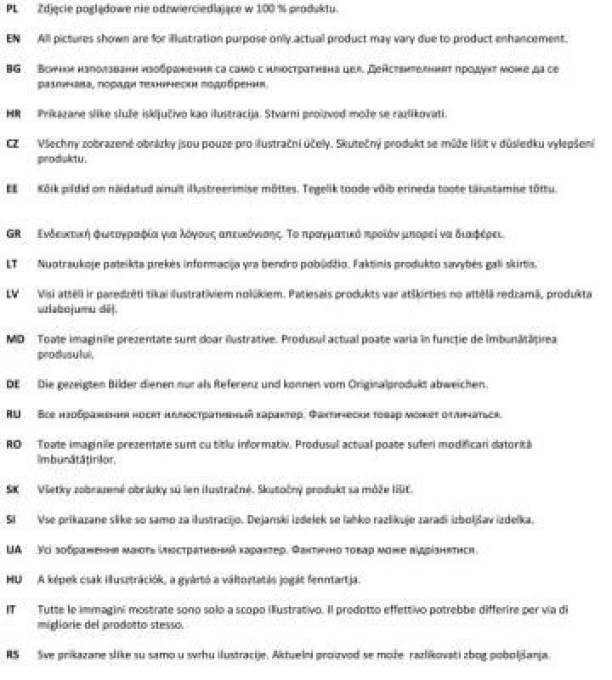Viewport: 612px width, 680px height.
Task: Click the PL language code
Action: coord(12,9)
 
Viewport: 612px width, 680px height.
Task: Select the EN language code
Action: coord(12,39)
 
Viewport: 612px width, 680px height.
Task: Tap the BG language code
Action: coord(12,70)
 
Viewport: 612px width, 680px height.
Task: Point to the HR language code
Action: coord(12,113)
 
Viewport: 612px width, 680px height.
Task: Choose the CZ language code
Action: coord(12,144)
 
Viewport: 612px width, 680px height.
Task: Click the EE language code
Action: coord(12,188)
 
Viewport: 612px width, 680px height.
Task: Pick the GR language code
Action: coord(12,233)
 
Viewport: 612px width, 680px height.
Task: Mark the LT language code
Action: coord(12,263)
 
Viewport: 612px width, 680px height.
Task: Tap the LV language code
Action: coord(12,293)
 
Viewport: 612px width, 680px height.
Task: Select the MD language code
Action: coord(13,338)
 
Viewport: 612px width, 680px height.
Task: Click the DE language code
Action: coord(12,384)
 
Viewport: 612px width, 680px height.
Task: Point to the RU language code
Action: coord(12,414)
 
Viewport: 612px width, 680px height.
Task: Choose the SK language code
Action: coord(12,489)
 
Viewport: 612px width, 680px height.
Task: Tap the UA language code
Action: coord(12,549)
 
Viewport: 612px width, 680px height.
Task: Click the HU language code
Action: coord(12,579)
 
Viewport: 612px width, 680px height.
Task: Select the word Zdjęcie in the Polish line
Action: coord(55,9)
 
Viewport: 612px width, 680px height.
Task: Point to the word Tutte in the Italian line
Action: coord(51,609)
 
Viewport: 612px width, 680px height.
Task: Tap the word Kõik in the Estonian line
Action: coord(48,188)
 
